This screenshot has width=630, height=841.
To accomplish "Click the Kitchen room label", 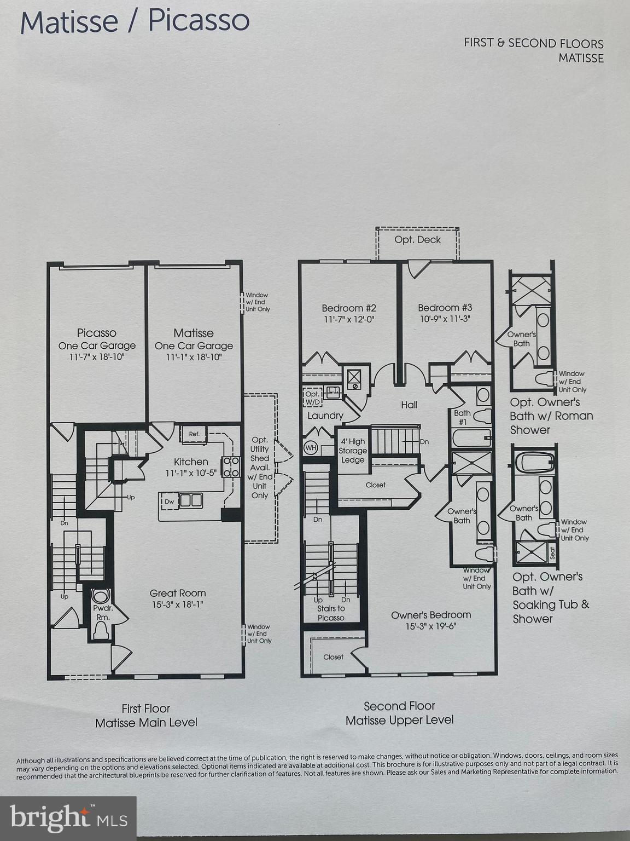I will (x=191, y=462).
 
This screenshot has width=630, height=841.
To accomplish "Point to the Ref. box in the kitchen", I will (x=194, y=434).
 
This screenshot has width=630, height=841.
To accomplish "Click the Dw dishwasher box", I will (x=170, y=501).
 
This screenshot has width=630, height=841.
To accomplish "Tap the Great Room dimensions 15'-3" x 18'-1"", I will (x=178, y=604).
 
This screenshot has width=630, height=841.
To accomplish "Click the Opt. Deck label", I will (x=417, y=240).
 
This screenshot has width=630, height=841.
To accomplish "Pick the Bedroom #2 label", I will (x=349, y=308).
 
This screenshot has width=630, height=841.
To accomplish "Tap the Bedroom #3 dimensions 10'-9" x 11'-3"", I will (x=445, y=319).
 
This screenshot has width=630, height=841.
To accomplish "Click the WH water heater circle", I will (x=311, y=448).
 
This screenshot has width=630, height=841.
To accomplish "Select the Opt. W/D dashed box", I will (x=312, y=398).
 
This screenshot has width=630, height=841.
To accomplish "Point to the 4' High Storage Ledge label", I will (x=353, y=451).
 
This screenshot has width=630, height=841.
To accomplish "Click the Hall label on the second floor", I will (x=409, y=405).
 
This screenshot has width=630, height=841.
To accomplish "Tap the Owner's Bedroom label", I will (x=431, y=615).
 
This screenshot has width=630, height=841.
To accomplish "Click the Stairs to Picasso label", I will (x=331, y=613).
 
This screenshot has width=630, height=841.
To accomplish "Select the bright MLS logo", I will (x=68, y=818).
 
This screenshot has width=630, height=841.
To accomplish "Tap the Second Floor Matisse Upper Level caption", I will (x=399, y=713).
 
